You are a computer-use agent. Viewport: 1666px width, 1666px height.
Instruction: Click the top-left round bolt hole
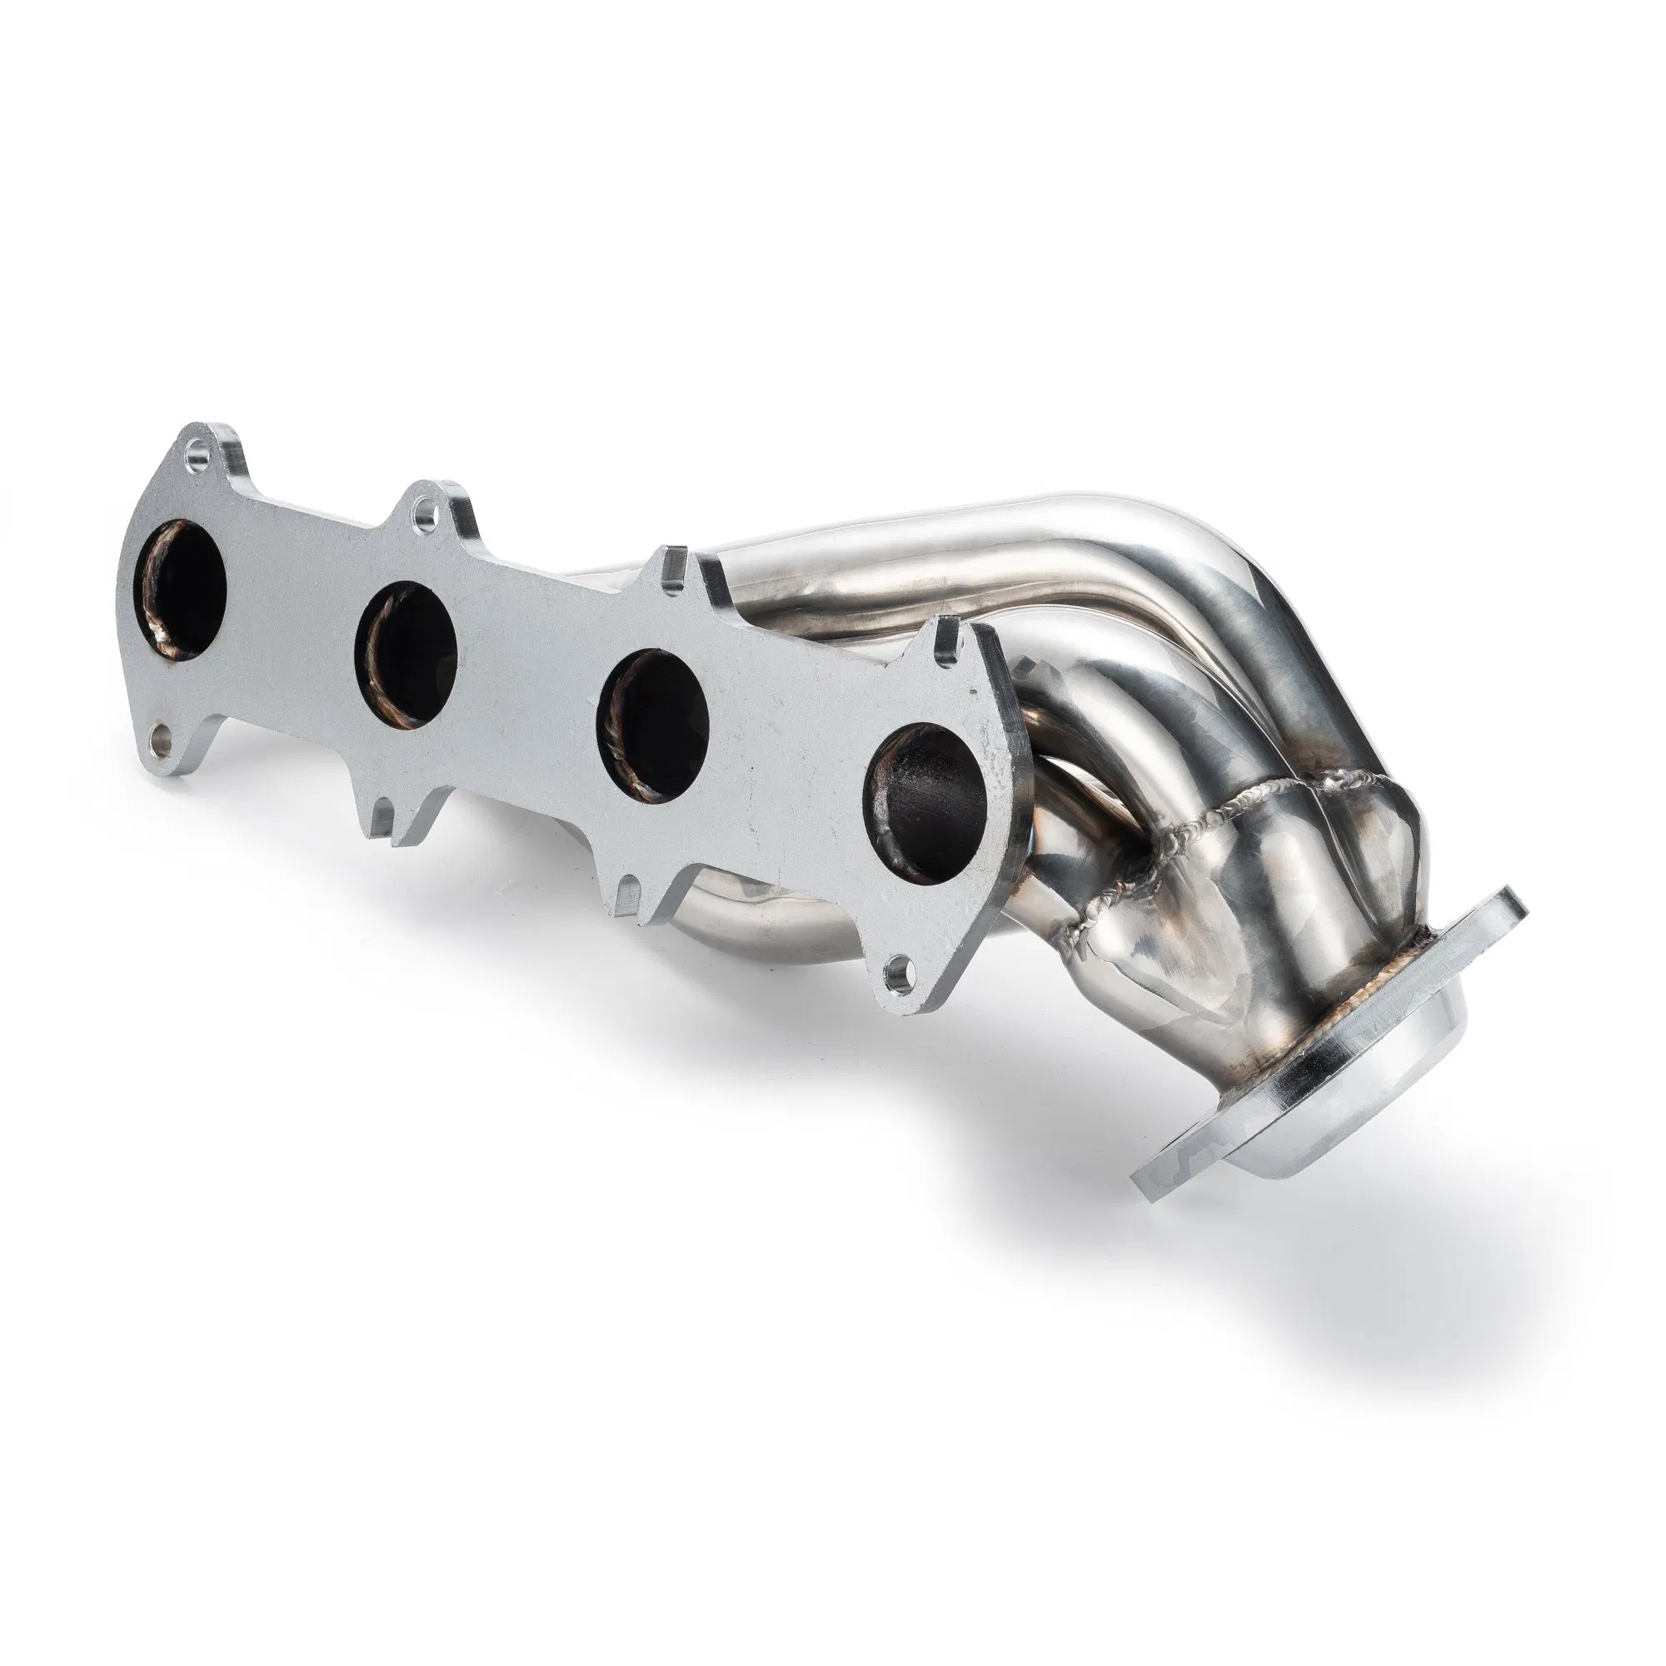pos(200,448)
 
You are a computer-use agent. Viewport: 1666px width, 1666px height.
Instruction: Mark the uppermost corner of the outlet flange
pos(1509,892)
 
